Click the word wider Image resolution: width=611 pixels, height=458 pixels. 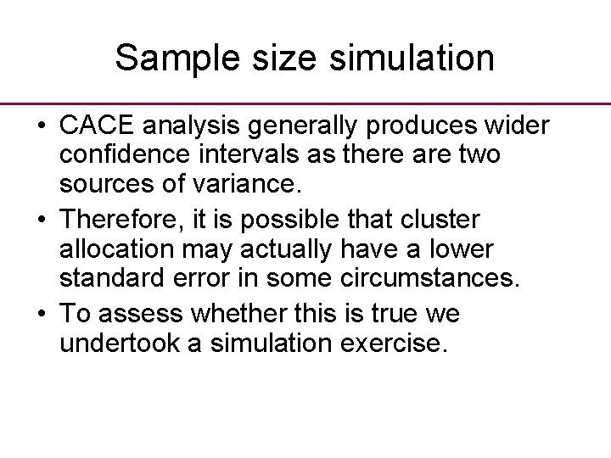coord(518,126)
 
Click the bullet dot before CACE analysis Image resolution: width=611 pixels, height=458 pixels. coord(41,126)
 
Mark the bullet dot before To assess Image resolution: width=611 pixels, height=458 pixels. coord(41,315)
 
